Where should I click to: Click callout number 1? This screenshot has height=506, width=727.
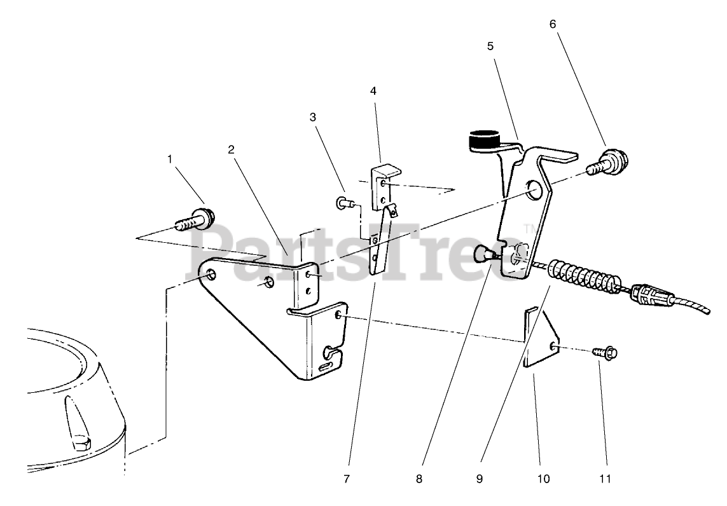pos(170,159)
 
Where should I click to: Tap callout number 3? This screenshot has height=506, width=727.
pos(313,118)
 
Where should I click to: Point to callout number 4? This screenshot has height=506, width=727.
pos(373,91)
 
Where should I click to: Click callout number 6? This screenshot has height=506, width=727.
pos(552,24)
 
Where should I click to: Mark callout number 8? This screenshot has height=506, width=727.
pos(419,479)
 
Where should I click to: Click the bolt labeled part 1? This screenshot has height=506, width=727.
pos(194,220)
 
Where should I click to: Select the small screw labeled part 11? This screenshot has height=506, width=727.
pos(604,351)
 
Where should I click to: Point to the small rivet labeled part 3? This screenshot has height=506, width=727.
pos(343,203)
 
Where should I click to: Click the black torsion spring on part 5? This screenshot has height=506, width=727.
pos(485,140)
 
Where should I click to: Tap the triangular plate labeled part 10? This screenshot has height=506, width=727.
pos(541,338)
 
